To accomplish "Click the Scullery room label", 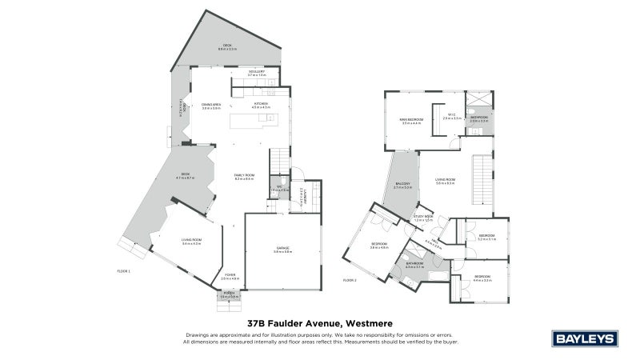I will tap(257, 73).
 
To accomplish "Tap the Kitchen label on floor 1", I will tap(262, 105).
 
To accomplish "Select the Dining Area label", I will tap(211, 105).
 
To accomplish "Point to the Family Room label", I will tap(244, 177).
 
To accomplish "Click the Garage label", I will tap(282, 250).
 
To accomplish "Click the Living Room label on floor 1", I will tap(190, 242).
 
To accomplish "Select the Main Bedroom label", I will tap(411, 122).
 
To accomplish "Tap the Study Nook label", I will tap(423, 218).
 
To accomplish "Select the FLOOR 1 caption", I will tap(123, 272).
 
